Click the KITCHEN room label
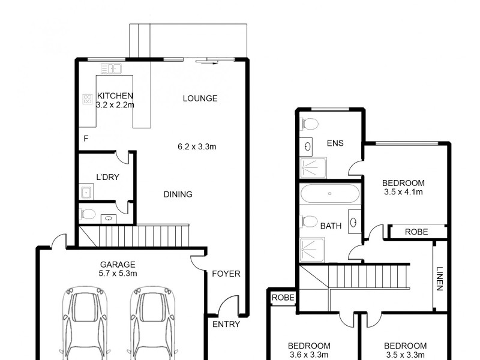[x=115, y=96]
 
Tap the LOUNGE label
[x=200, y=98]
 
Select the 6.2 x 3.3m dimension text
[x=197, y=146]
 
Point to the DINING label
[x=178, y=194]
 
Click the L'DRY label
[x=107, y=177]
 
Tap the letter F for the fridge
[x=86, y=139]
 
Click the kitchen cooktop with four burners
[x=87, y=99]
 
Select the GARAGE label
[x=118, y=264]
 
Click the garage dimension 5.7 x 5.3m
[x=118, y=273]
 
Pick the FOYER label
[x=226, y=274]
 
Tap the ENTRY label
[x=226, y=324]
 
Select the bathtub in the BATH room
[x=330, y=194]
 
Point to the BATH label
[x=331, y=226]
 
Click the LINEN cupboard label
[x=440, y=278]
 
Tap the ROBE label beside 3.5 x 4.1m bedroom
[x=416, y=232]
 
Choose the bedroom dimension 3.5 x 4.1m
[x=404, y=193]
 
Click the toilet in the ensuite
[x=310, y=125]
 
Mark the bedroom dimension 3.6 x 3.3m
[x=309, y=355]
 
